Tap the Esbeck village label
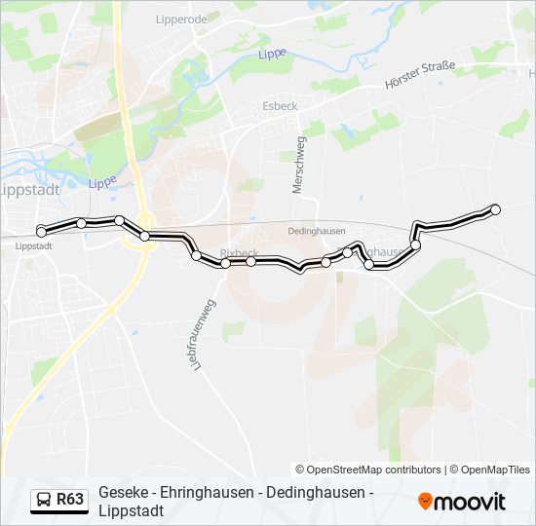(x=280, y=105)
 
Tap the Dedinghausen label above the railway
(x=317, y=231)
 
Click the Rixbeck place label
(x=239, y=252)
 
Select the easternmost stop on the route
(x=495, y=209)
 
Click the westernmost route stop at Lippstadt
(x=42, y=231)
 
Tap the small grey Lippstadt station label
(x=34, y=246)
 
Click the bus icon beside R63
(x=44, y=501)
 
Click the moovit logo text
(x=470, y=503)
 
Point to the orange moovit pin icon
(x=425, y=502)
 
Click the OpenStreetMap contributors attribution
(x=368, y=470)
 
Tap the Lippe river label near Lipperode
(x=272, y=55)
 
